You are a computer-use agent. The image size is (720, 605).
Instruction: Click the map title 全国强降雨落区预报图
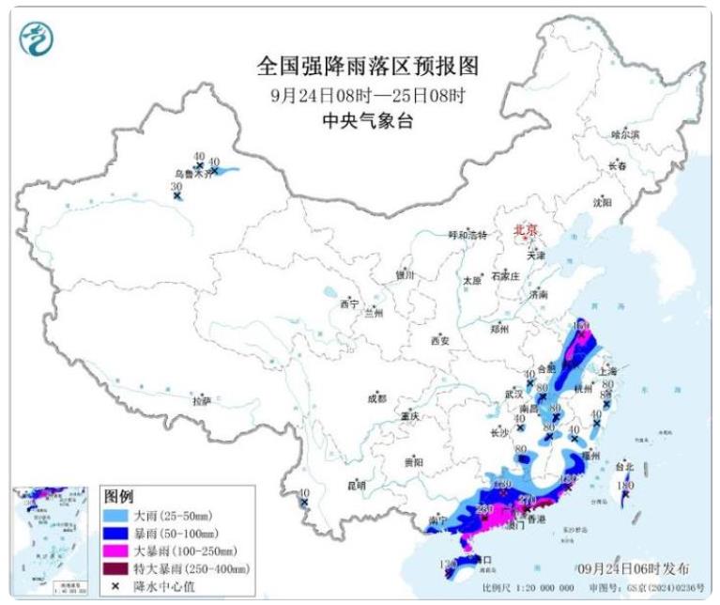pos(367,67)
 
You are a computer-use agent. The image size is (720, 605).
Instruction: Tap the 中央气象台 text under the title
pos(367,120)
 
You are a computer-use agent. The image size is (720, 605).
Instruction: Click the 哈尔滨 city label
pos(624,134)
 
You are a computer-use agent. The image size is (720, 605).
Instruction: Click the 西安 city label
pos(442,339)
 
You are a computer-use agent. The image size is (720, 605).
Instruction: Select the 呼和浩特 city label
pos(467,235)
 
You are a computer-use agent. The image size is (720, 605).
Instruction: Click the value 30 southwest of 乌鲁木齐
pos(176,187)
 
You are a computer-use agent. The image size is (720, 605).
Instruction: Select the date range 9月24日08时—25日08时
pos(367,95)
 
